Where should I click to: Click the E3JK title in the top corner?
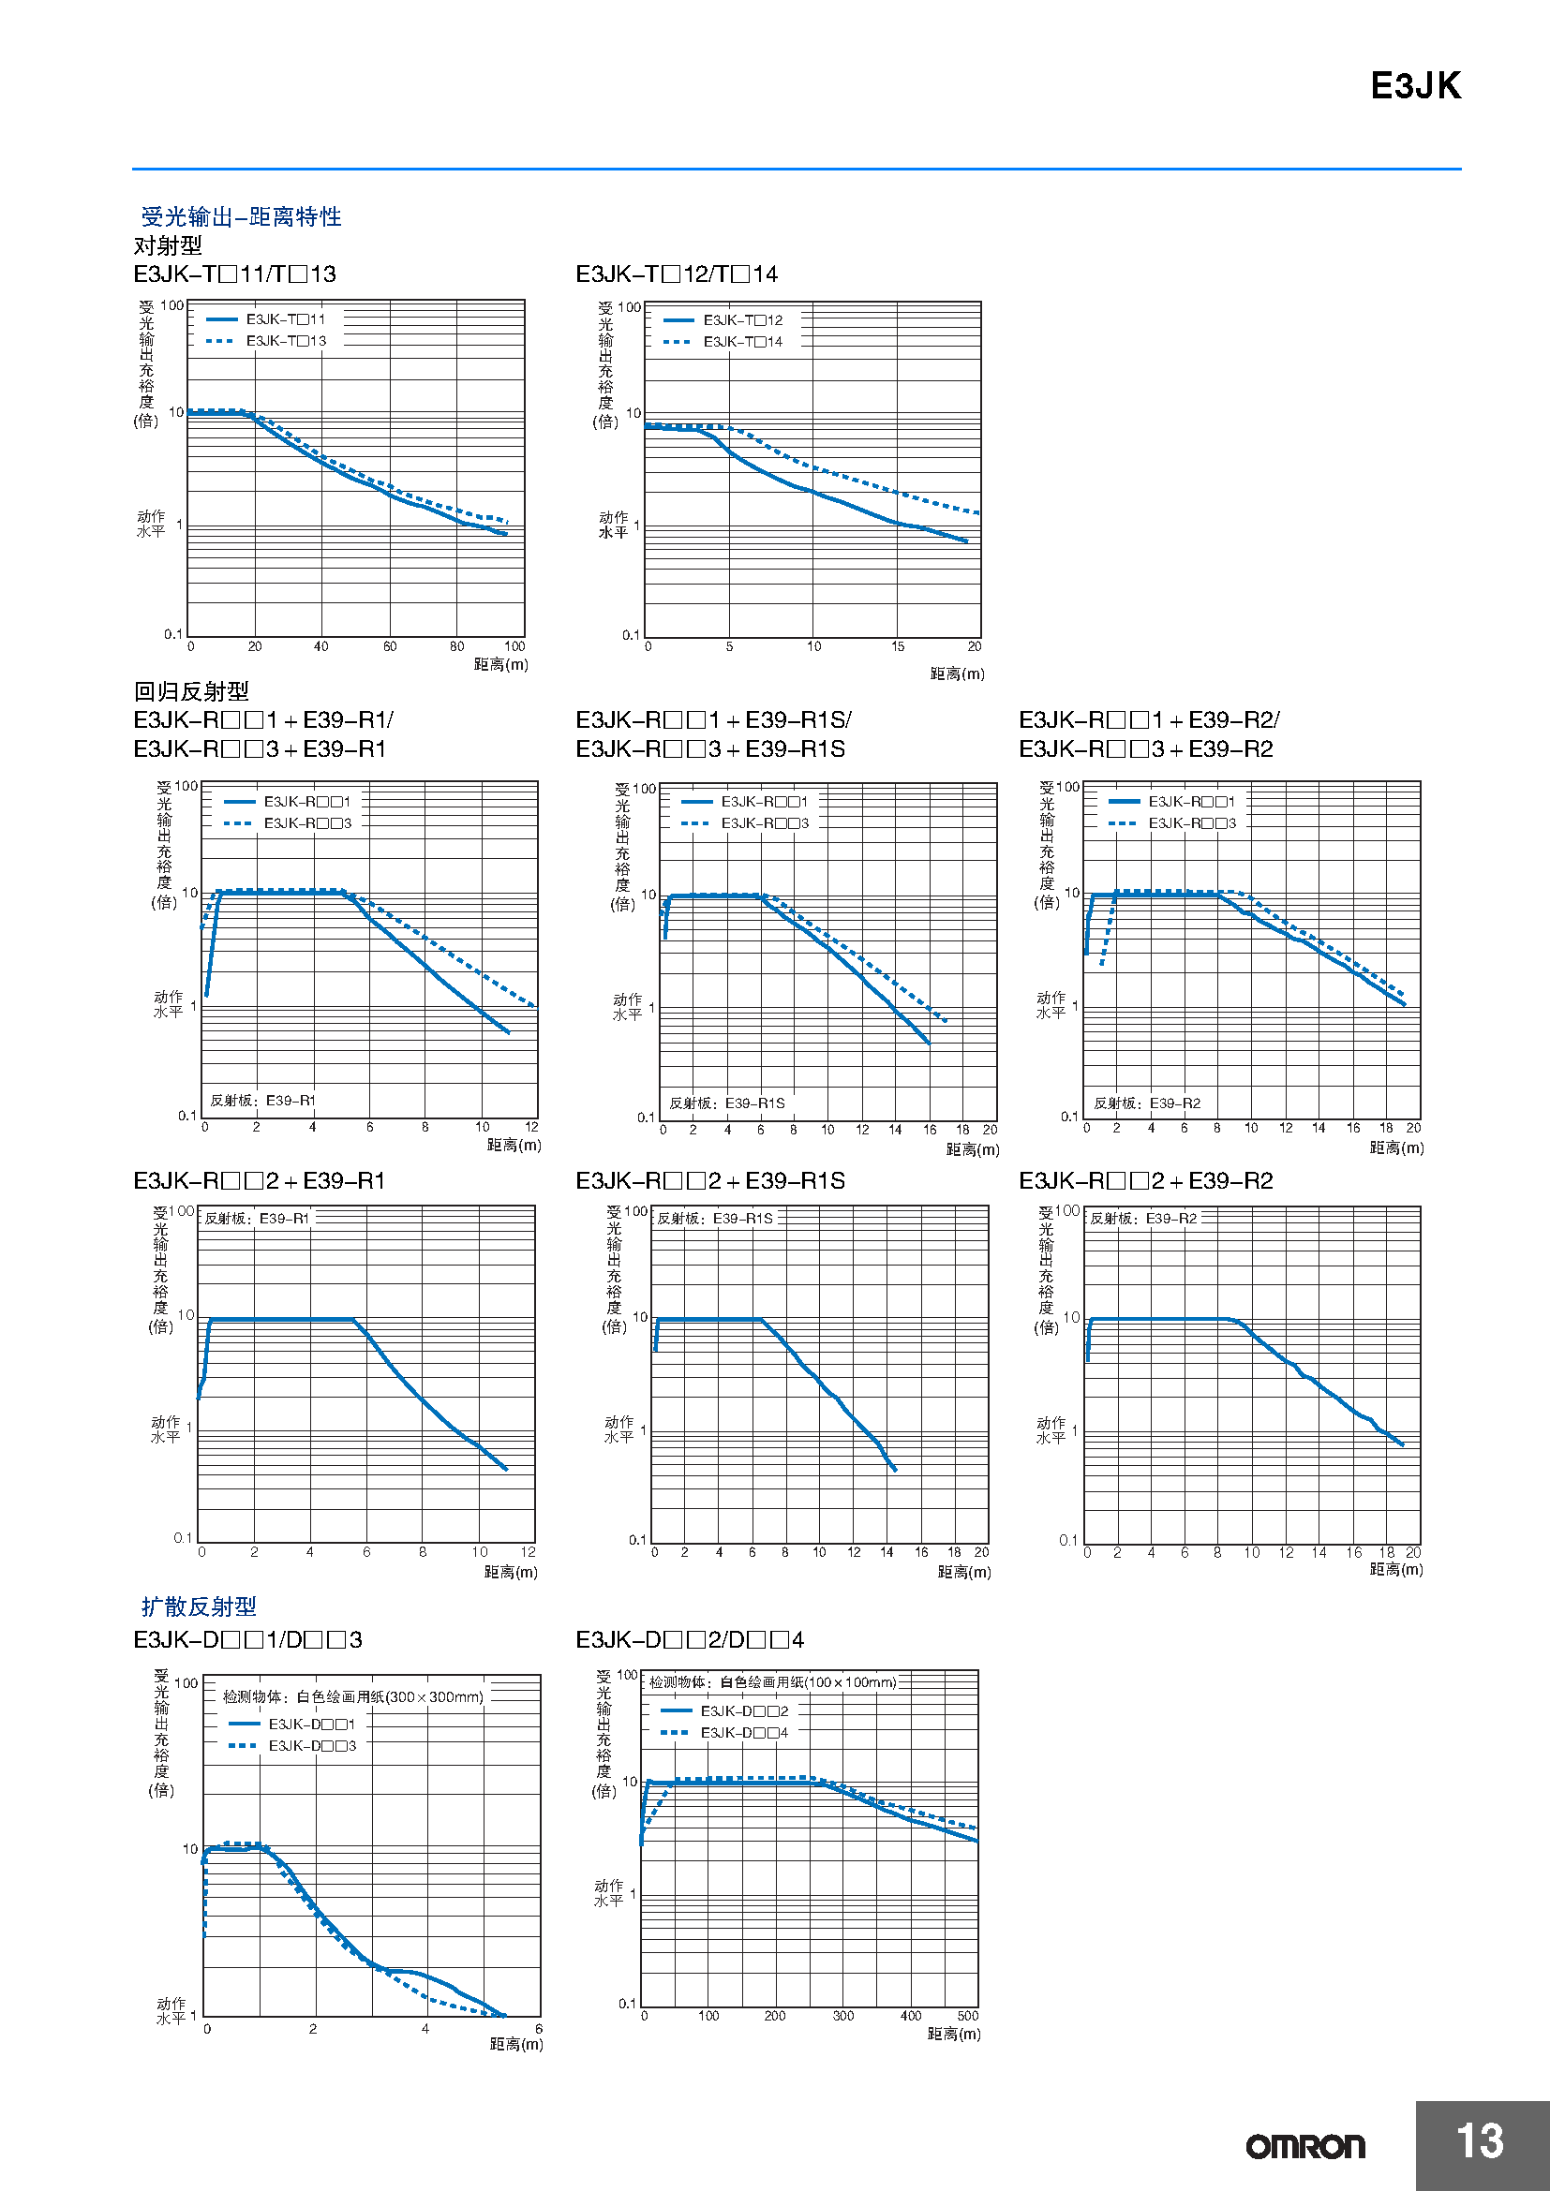1414,86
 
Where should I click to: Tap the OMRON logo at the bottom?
1304,2146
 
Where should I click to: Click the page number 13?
1480,2140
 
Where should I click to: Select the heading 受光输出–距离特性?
241,216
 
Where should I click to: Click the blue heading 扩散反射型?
199,1606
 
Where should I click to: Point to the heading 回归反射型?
191,691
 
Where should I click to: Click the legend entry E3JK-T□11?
286,319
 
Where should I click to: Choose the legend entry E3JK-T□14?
742,342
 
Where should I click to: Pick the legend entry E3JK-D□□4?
744,1732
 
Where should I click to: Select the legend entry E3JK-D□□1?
311,1724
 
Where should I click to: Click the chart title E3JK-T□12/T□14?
676,274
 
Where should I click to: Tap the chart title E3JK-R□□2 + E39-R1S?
710,1180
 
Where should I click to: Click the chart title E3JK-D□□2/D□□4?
689,1639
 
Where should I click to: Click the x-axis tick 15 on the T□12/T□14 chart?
897,646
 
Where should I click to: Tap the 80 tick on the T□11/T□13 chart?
457,646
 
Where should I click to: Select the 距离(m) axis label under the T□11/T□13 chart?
501,664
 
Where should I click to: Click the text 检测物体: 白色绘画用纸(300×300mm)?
353,1696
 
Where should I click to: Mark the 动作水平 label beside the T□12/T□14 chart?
613,525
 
